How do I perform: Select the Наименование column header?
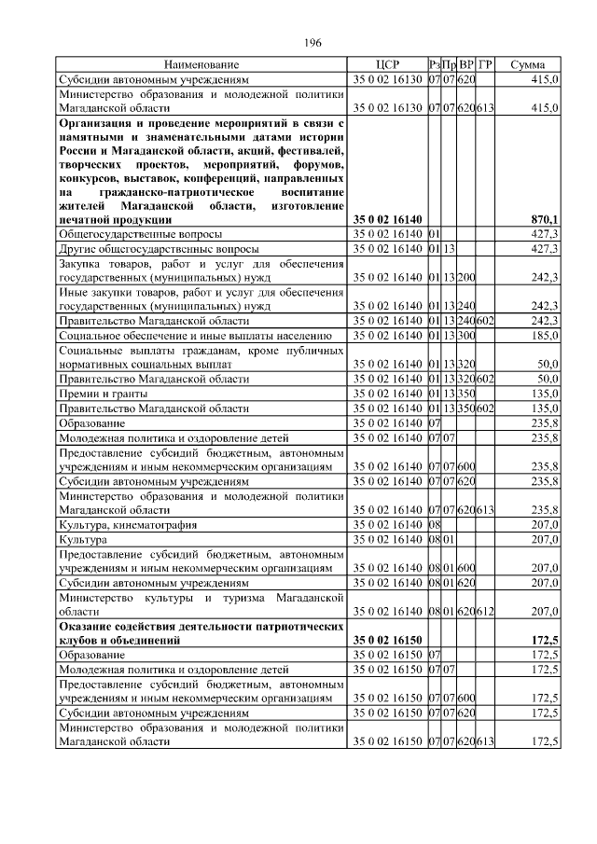click(x=201, y=65)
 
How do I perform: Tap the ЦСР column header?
click(x=386, y=65)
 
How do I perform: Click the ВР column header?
click(x=465, y=65)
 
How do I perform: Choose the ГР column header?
click(x=484, y=65)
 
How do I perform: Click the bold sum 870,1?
click(x=543, y=219)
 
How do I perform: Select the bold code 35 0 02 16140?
click(x=387, y=219)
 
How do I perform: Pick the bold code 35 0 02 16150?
click(x=387, y=642)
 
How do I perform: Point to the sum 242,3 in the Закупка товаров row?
click(x=544, y=278)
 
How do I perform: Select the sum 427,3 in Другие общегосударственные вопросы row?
click(x=544, y=249)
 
